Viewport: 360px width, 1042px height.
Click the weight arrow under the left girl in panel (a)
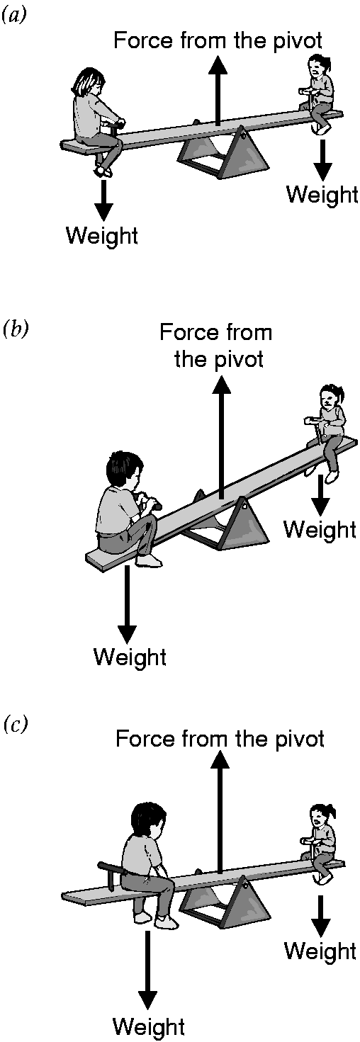click(103, 200)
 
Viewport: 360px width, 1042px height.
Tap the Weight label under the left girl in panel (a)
click(102, 235)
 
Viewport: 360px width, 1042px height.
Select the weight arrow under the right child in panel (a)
click(322, 160)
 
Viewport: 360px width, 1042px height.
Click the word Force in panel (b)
click(187, 333)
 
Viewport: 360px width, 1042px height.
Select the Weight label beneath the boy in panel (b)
click(130, 657)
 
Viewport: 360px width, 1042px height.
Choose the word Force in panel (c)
click(142, 739)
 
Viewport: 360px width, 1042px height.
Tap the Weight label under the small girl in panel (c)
click(320, 951)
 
